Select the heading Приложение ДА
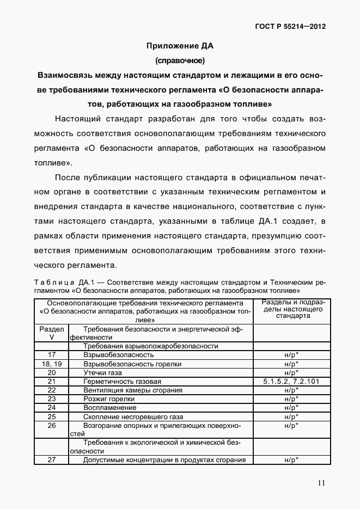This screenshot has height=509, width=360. coord(180,45)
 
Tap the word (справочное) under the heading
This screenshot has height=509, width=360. coord(180,60)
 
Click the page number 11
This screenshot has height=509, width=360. coord(322,483)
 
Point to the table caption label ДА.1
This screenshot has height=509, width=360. coord(87,283)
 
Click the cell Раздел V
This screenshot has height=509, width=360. coord(52,333)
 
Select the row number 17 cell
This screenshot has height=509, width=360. coord(52,354)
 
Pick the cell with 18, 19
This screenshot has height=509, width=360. coord(52,364)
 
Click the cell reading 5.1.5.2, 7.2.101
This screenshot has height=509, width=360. coord(290,382)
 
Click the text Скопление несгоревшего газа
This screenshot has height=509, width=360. coord(130,416)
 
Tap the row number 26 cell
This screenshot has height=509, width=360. coord(52,425)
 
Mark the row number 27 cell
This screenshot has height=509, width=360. coord(52,460)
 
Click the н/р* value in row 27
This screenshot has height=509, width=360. coord(290,460)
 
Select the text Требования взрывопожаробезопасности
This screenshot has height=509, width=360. coord(150,346)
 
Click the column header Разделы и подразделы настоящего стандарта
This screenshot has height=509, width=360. coord(290,309)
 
